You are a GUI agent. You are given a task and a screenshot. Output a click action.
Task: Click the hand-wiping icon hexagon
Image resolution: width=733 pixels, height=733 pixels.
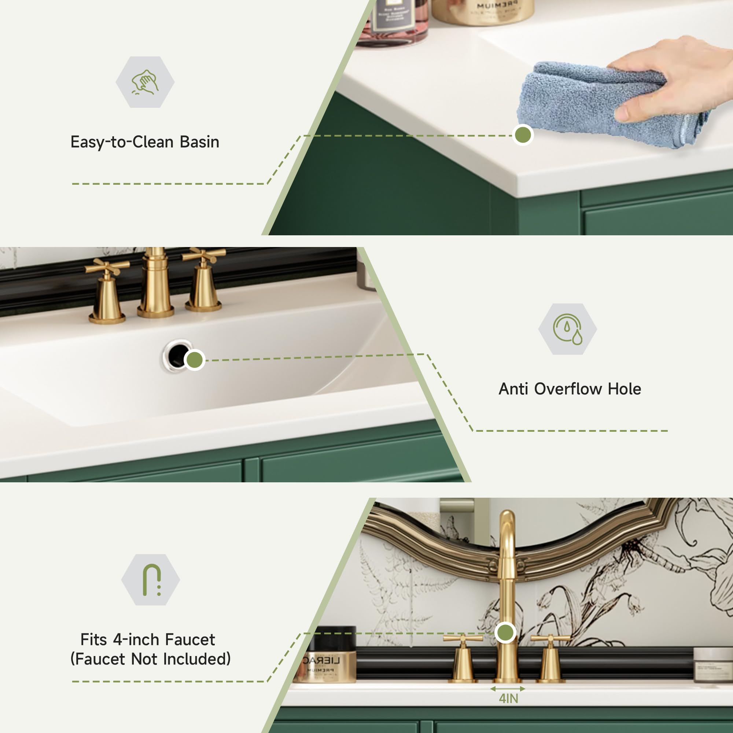tap(145, 82)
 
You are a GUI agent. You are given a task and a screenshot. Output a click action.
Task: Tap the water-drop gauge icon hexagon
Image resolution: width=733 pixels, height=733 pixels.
tap(567, 329)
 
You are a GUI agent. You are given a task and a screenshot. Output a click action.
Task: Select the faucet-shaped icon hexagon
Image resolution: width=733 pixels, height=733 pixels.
tap(151, 580)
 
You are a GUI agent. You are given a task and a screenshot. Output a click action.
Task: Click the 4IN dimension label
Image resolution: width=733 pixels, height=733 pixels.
tap(508, 699)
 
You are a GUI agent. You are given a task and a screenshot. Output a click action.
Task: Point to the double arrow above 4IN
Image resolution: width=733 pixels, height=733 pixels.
tap(508, 689)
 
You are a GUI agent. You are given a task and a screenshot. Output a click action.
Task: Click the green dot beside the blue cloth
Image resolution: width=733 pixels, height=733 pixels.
tap(523, 135)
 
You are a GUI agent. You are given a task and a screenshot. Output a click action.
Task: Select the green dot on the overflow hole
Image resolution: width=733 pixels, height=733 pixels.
tap(195, 360)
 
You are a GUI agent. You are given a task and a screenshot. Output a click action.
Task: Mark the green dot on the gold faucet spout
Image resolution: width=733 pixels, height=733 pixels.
tap(505, 633)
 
